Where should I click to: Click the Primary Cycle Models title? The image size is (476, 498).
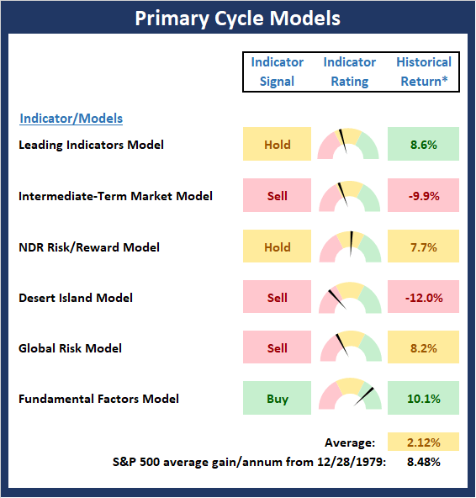coord(237,19)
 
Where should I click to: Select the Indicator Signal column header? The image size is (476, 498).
coord(278,72)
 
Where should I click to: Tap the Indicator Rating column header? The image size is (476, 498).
coord(350,72)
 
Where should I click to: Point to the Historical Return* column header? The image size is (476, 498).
coord(424,72)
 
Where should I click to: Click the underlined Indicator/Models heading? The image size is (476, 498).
coord(71,119)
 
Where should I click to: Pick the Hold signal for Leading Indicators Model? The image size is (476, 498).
coord(277,144)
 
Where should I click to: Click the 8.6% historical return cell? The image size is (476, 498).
coord(423,144)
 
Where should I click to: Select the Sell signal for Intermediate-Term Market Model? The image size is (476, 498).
coord(277,195)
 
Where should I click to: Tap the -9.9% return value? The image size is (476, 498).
coord(423,196)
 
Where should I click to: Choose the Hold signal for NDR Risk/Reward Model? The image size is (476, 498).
coord(277,246)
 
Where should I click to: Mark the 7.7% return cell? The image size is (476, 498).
coord(423,246)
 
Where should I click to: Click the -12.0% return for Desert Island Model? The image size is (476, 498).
coord(423,297)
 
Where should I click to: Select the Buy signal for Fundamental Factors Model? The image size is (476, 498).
coord(277,398)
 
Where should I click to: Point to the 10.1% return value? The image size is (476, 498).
coord(423,398)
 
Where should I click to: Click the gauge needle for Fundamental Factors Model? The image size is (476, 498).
coord(363,396)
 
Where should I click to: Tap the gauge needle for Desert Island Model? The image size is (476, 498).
coord(337,299)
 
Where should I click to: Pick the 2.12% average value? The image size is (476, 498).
coord(423,442)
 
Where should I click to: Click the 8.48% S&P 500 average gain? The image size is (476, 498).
coord(423,462)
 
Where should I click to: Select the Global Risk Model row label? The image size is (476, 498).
coord(70,348)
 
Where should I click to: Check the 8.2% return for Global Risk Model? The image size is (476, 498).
coord(423,347)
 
